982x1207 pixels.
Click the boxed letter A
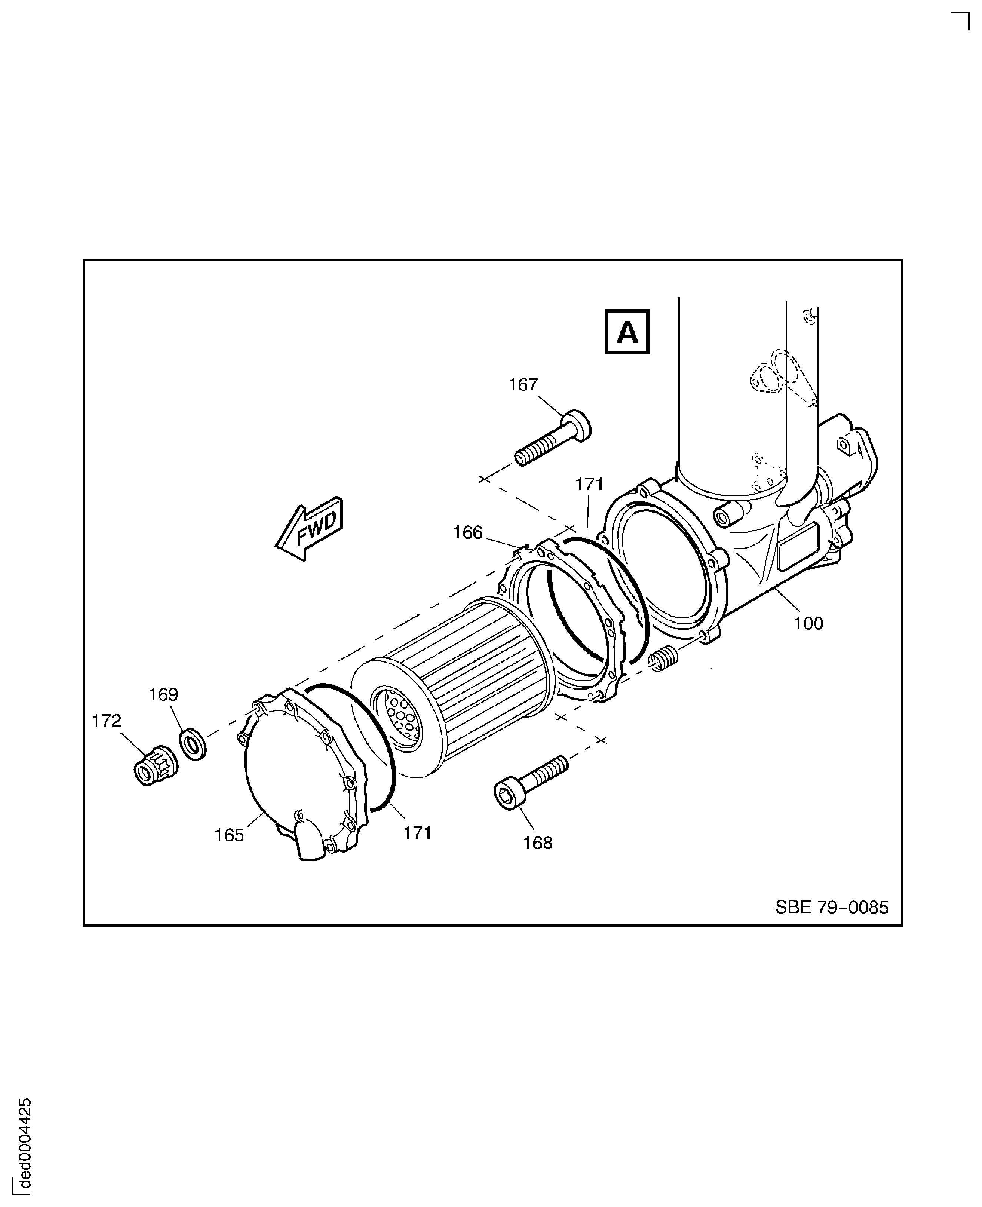627,332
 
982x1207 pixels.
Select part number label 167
523,384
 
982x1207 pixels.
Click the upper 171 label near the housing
589,484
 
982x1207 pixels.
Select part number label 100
808,624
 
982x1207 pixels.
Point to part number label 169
163,694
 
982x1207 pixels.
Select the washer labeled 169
193,745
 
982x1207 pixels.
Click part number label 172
106,721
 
